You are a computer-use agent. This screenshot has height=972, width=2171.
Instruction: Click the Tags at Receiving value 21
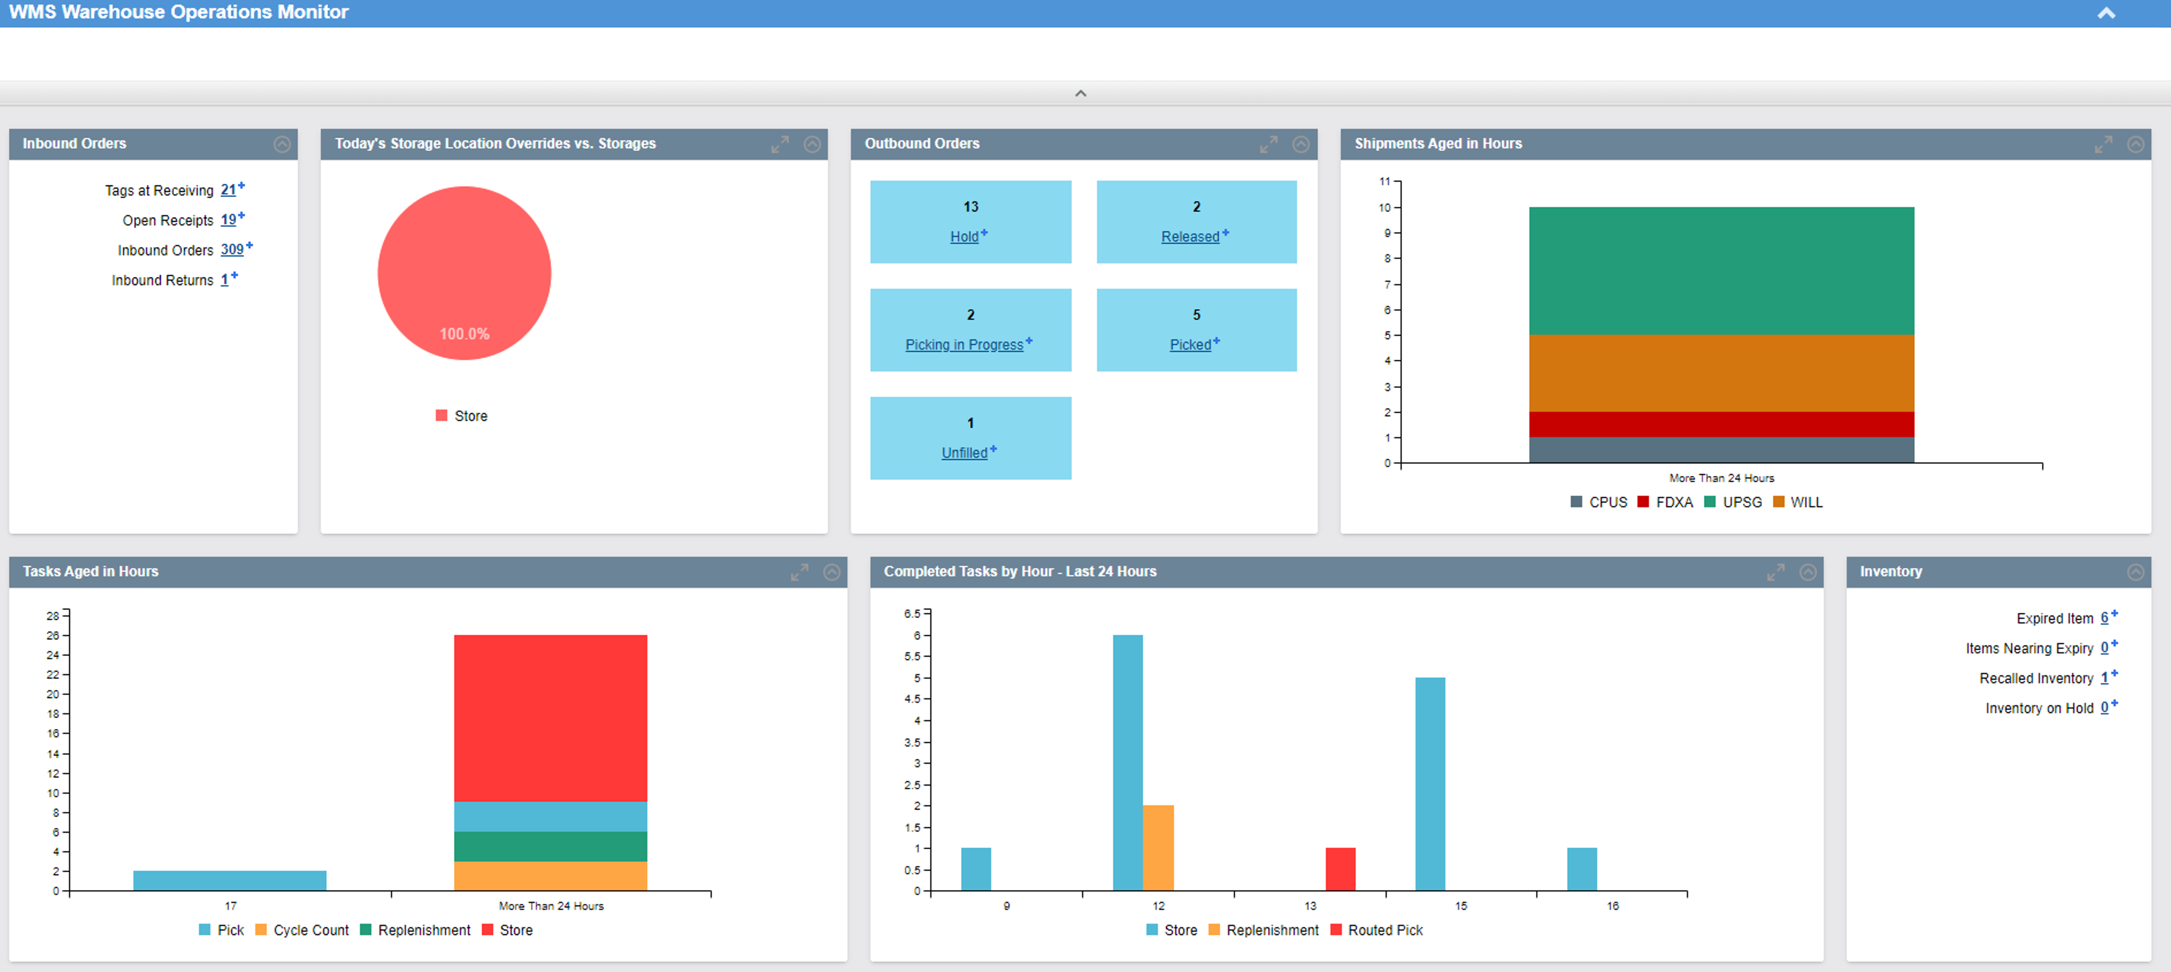point(228,190)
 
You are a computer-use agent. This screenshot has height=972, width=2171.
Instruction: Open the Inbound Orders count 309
point(232,250)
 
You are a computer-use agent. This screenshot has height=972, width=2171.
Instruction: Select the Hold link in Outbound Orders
point(964,237)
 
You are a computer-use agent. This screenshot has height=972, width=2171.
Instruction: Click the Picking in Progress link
point(963,345)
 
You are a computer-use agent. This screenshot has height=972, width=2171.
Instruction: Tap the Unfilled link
point(964,452)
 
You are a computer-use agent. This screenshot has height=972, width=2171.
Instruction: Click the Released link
point(1189,237)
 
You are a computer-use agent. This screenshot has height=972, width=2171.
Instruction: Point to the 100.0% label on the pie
point(465,334)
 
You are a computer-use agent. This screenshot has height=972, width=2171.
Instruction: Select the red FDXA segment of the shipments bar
point(1721,424)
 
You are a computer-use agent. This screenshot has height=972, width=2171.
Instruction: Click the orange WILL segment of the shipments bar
point(1721,374)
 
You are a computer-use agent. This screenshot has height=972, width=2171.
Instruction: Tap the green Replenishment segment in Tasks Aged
point(551,847)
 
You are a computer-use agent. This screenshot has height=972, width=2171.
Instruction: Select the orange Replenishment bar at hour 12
point(1158,847)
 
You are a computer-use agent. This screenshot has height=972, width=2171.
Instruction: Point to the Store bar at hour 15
point(1430,784)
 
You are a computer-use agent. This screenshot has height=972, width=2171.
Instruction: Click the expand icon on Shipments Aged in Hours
point(2103,144)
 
